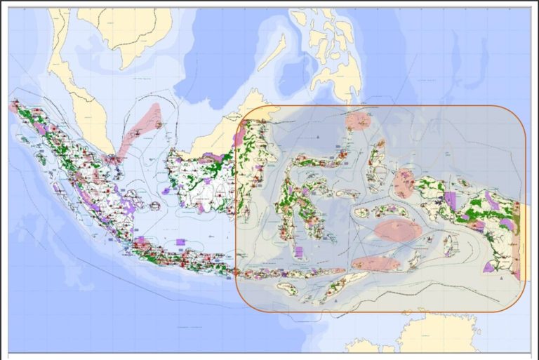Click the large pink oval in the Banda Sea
pos(398,230)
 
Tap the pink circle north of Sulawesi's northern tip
pos(358,121)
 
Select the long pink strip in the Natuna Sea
pos(140,130)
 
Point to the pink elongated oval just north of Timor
pos(375,263)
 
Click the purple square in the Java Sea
pos(180,242)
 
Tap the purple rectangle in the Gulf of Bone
pos(298,251)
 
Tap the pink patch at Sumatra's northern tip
pos(13,107)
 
